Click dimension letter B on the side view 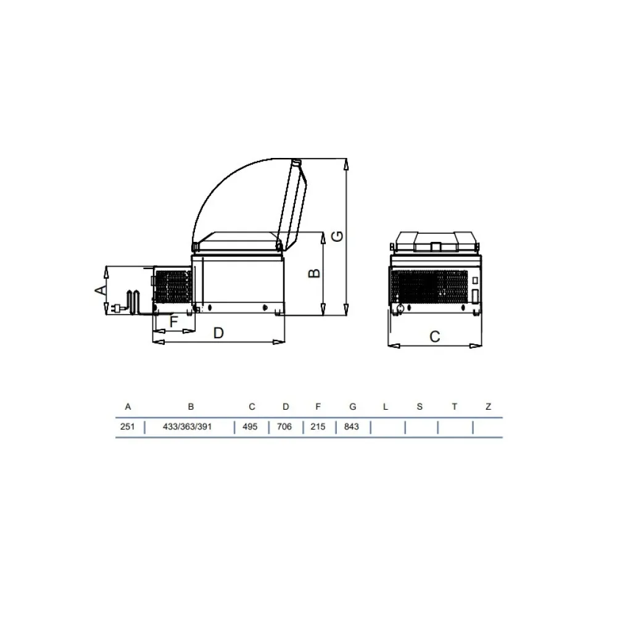click(x=314, y=273)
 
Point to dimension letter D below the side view click(x=218, y=333)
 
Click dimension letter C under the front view click(x=434, y=337)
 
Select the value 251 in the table click(x=127, y=427)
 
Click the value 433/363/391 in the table click(x=191, y=427)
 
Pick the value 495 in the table click(x=251, y=427)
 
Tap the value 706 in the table click(x=286, y=427)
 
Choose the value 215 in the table click(x=318, y=427)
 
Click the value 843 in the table click(x=352, y=427)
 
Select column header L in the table click(x=385, y=407)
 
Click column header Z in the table click(x=488, y=407)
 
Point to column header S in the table click(x=420, y=407)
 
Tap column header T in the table click(x=454, y=407)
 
